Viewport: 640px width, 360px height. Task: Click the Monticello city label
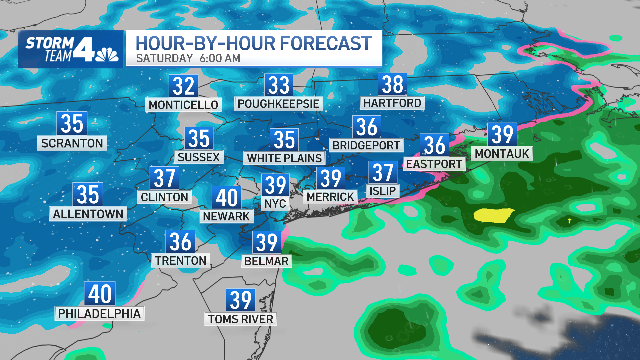coord(183,105)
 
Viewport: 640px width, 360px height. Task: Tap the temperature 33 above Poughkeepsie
coord(279,85)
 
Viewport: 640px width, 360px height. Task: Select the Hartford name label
coord(392,103)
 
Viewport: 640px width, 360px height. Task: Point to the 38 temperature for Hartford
coord(392,84)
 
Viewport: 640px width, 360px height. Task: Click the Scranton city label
coord(72,143)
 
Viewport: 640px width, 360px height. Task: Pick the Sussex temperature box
coord(199,138)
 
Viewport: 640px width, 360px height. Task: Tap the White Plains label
coord(284,158)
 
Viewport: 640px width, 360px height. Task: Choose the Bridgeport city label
coord(366,145)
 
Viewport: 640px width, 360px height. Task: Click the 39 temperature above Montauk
coord(502,134)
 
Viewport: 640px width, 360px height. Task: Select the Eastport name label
coord(434,164)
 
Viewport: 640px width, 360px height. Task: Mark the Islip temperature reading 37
coord(383,172)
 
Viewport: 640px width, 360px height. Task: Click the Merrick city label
coord(330,197)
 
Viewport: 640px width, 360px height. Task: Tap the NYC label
coord(275,203)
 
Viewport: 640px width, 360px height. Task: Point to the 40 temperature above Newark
coord(227,198)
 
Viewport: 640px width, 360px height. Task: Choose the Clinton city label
coord(164,197)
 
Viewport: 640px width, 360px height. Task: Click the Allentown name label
coord(88,214)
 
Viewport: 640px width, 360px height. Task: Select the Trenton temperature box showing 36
coord(180,242)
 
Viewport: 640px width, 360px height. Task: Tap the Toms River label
coord(241,319)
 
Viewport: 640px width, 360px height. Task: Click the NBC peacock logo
coord(107,55)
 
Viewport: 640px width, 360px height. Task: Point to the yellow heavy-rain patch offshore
coord(493,215)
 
